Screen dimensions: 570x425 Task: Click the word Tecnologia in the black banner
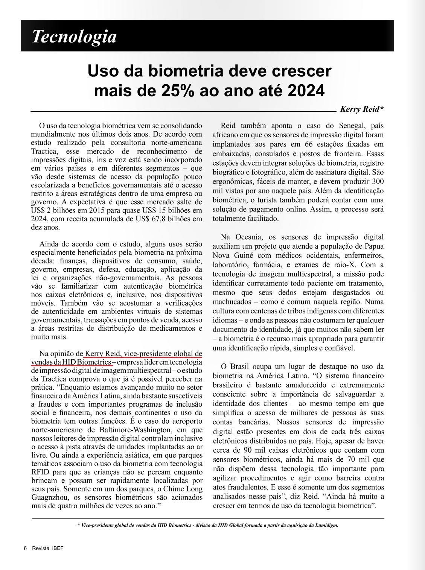(x=74, y=36)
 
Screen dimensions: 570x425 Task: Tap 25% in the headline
(x=160, y=90)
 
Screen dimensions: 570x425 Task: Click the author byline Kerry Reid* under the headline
(x=362, y=109)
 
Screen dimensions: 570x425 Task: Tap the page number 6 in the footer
(x=25, y=548)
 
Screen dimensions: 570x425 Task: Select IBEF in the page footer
(x=58, y=548)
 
